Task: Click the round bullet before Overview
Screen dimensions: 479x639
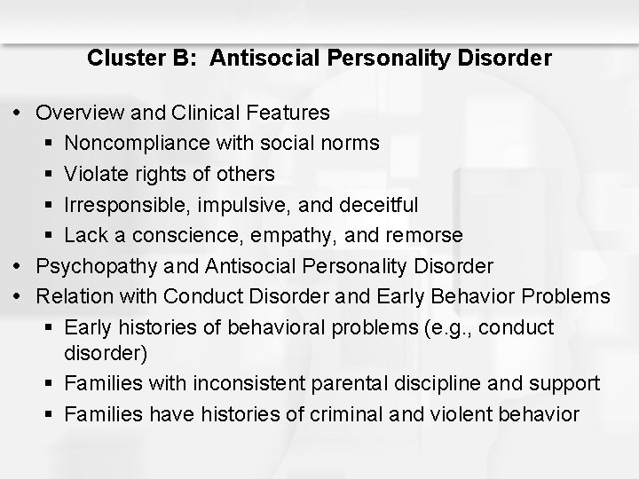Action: [21, 113]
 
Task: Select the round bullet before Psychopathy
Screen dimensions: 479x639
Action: [21, 265]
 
